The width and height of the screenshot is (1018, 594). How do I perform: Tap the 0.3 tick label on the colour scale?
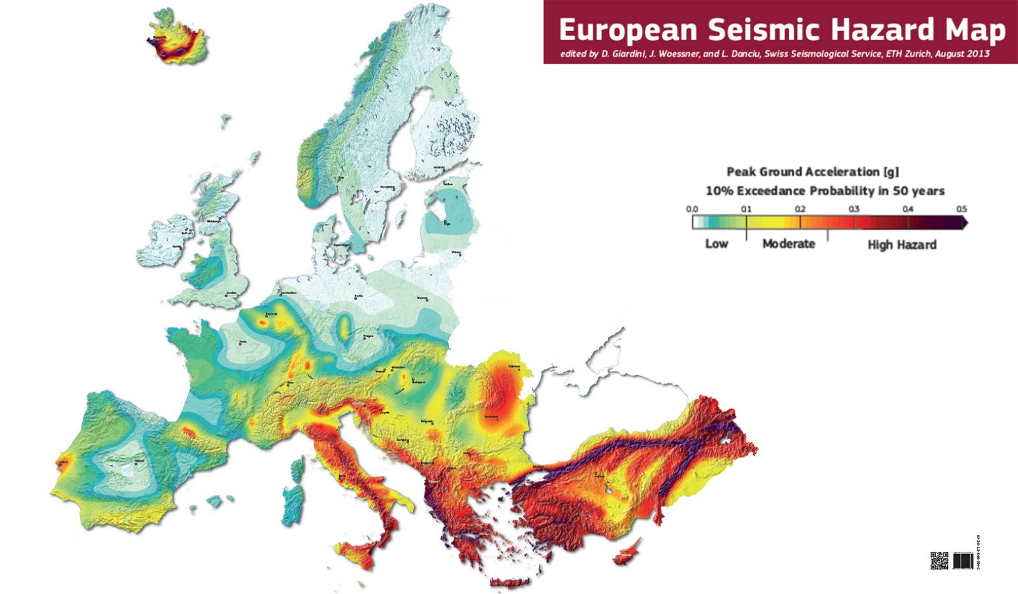point(854,209)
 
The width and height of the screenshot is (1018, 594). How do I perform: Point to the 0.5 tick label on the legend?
point(961,209)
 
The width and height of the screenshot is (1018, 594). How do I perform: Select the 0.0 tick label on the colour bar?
point(692,209)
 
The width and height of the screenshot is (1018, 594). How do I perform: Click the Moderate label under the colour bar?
point(788,244)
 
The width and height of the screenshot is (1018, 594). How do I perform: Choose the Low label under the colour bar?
point(716,244)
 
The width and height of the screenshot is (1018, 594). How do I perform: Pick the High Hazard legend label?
point(902,245)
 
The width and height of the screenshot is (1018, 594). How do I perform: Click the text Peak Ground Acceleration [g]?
point(812,172)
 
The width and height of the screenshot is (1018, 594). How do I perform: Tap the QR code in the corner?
point(939,561)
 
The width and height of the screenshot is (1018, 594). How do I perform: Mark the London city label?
point(231,293)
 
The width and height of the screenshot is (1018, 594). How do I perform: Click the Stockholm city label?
point(388,187)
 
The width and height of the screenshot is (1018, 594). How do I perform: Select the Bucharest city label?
point(492,417)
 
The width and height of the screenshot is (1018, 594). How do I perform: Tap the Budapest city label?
point(417,383)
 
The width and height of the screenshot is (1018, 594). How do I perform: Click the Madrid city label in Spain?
point(139,461)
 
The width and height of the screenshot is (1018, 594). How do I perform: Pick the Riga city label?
point(447,223)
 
